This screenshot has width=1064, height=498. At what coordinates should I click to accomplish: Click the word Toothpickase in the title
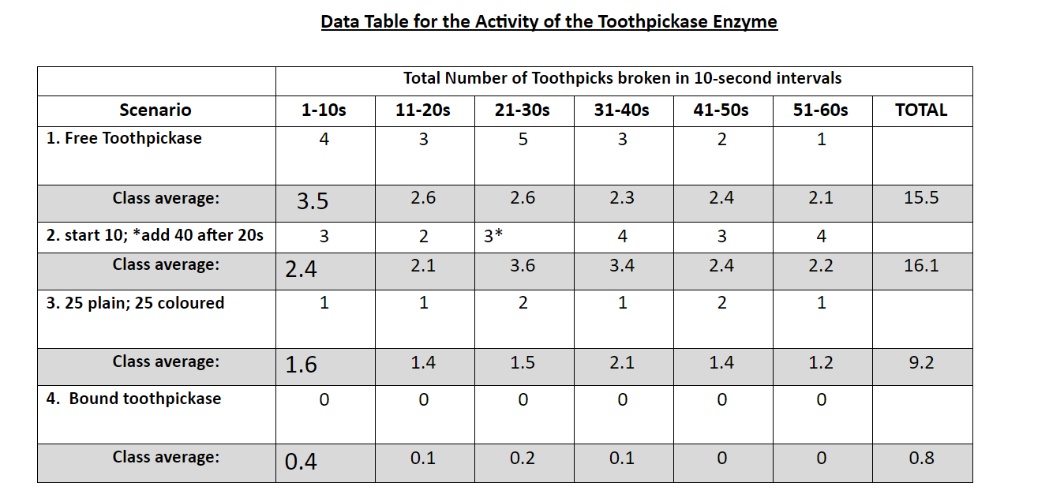(x=655, y=21)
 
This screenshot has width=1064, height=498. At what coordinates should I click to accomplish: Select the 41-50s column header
(x=721, y=110)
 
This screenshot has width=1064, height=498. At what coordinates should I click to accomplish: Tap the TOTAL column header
(x=921, y=110)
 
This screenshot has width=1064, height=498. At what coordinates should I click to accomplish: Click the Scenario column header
(x=155, y=110)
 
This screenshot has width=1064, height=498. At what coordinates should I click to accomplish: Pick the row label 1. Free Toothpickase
(x=124, y=139)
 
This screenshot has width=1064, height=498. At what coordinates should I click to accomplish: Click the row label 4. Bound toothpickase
(x=133, y=399)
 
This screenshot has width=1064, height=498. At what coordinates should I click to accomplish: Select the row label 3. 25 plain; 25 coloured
(x=135, y=303)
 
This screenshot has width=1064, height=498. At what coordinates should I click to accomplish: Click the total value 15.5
(x=921, y=198)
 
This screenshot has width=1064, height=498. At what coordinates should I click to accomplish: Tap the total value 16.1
(x=921, y=266)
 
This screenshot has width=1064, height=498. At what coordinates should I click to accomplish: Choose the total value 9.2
(x=921, y=363)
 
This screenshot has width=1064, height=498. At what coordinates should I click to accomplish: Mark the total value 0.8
(x=921, y=458)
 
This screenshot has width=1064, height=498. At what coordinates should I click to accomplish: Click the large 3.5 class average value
(x=313, y=202)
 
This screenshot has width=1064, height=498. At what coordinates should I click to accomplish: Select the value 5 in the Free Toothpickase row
(x=523, y=140)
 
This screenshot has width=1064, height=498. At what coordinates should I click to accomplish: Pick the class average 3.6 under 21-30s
(x=523, y=266)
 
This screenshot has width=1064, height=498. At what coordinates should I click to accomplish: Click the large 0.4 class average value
(x=301, y=462)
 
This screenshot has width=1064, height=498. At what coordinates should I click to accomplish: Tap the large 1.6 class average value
(x=301, y=365)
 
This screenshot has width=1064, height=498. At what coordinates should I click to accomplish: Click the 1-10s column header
(x=324, y=110)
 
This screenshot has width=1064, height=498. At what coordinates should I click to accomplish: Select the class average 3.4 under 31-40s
(x=622, y=266)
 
